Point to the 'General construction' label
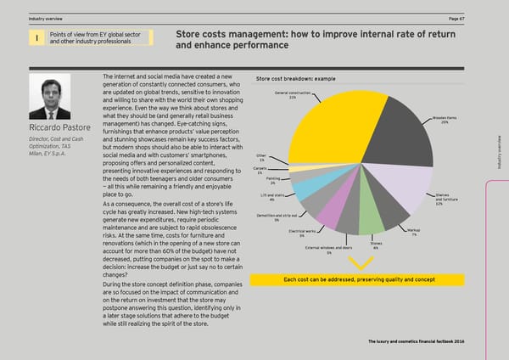(293, 94)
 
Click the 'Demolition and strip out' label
(277, 217)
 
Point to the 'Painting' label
(272, 180)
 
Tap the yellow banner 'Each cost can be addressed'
(359, 280)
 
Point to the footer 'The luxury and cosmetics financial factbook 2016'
(417, 340)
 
